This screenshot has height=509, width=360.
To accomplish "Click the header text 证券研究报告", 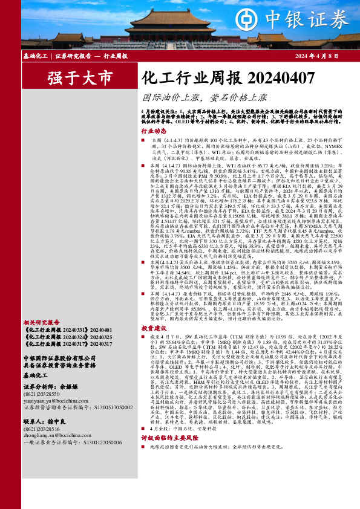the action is (x=73, y=56).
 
